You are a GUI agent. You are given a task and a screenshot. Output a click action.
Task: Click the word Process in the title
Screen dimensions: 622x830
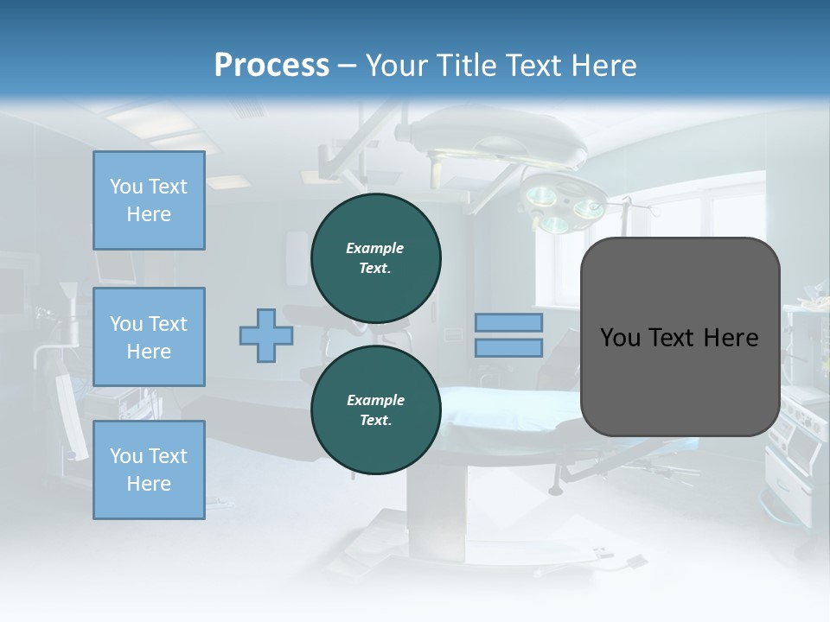[x=271, y=66]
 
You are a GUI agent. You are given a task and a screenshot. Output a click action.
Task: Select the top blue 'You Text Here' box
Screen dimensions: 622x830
[x=149, y=200]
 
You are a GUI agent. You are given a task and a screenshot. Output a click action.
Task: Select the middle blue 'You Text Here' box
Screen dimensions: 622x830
[x=149, y=337]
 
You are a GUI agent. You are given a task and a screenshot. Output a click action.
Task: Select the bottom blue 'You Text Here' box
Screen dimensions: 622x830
[x=149, y=469]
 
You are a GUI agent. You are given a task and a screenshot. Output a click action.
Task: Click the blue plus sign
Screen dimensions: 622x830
[x=265, y=335]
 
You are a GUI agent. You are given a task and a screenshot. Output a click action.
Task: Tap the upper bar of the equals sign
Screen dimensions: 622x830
[x=509, y=322]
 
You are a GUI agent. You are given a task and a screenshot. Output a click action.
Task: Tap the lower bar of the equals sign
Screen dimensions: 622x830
[x=509, y=347]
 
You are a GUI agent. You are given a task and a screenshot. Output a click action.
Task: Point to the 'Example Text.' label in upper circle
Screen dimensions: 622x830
[x=375, y=257]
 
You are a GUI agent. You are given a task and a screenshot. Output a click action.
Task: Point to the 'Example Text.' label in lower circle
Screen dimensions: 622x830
[x=375, y=409]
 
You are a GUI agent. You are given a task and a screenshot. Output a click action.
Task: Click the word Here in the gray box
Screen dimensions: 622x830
[x=731, y=337]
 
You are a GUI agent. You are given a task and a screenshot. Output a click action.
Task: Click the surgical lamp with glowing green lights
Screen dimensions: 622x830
[x=566, y=206]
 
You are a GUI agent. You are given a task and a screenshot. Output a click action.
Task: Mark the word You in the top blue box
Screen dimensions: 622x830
[x=125, y=187]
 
